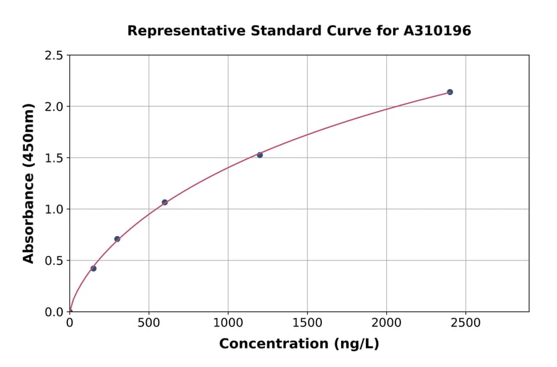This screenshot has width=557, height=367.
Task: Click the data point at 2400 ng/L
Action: (450, 92)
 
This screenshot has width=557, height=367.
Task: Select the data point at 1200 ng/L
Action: (260, 155)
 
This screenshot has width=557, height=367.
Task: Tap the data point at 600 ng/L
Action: (165, 202)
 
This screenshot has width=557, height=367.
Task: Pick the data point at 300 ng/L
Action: (117, 239)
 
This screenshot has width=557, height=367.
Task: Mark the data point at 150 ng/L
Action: (93, 268)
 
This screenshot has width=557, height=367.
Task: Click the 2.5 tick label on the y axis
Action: (54, 56)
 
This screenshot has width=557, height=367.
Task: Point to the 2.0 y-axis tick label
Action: (54, 107)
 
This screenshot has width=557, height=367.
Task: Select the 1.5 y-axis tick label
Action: (54, 158)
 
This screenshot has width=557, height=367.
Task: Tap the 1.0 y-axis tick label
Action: (54, 209)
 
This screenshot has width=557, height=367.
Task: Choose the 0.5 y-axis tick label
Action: (54, 261)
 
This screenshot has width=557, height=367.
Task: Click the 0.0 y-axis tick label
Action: (54, 312)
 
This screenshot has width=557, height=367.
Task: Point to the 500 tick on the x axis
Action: (149, 323)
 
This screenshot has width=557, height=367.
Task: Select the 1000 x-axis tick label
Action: (228, 323)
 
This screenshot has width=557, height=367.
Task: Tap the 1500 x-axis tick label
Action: (307, 323)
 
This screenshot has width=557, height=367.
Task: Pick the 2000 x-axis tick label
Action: (386, 323)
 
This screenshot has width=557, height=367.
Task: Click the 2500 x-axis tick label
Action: (465, 323)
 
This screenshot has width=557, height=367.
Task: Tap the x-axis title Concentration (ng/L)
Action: (299, 344)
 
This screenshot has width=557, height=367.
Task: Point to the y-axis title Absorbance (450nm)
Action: (28, 183)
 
